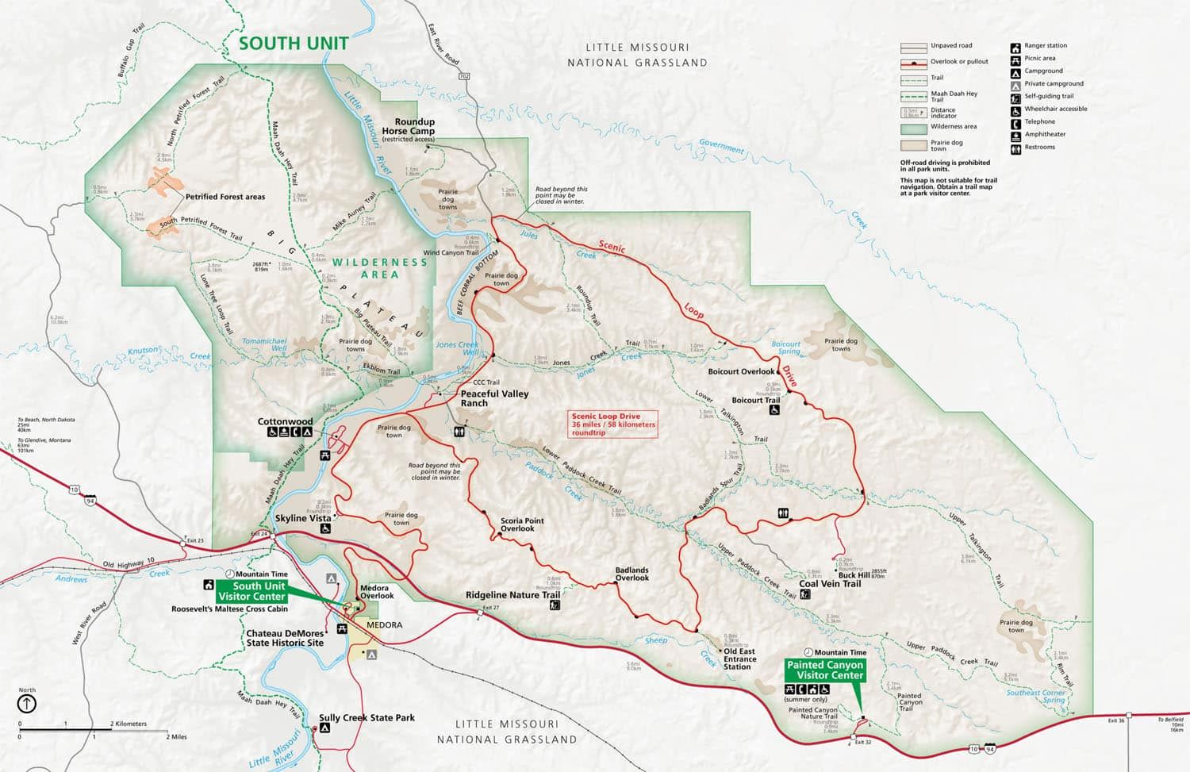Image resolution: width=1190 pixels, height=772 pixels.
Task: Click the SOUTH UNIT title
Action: click(294, 44)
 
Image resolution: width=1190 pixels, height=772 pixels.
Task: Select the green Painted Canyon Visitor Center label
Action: click(824, 670)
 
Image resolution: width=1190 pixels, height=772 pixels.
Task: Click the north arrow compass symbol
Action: click(27, 703)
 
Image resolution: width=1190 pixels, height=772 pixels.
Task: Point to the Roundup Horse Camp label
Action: click(408, 127)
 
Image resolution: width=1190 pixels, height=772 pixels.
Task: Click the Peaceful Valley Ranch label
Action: click(494, 398)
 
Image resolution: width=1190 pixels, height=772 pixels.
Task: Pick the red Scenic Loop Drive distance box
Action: click(613, 424)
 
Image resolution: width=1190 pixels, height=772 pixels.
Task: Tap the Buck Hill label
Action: click(854, 575)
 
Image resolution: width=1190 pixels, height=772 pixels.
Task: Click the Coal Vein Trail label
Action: click(830, 584)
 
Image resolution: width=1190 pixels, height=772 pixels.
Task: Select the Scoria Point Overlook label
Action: click(522, 524)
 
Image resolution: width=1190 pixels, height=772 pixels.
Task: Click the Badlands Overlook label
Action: click(631, 574)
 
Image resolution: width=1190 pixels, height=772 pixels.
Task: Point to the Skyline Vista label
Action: click(302, 518)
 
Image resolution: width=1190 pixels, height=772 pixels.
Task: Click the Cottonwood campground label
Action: click(285, 421)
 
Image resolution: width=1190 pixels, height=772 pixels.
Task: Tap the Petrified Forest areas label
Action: click(225, 197)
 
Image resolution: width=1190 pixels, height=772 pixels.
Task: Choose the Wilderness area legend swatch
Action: click(914, 128)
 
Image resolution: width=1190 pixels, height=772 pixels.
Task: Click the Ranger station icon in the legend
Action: click(1015, 46)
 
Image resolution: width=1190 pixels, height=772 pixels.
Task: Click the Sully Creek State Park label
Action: click(367, 718)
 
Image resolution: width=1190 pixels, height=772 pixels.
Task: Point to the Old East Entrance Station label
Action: click(739, 659)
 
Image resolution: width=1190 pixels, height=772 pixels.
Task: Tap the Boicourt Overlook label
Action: click(741, 371)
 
